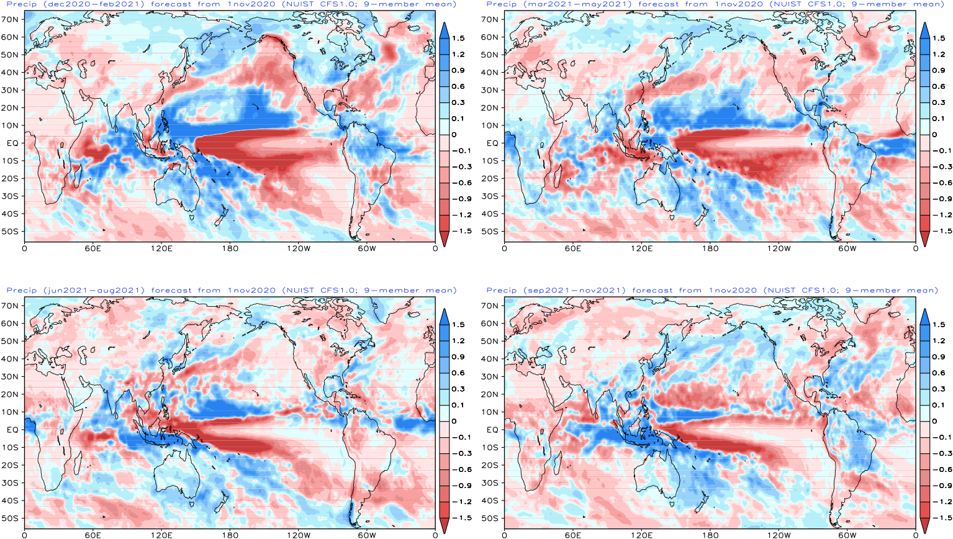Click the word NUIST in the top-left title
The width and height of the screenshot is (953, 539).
(300, 4)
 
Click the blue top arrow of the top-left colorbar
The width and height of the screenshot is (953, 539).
(445, 30)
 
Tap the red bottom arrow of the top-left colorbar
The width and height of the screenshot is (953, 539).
(445, 238)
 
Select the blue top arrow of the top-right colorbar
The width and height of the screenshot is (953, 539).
(924, 30)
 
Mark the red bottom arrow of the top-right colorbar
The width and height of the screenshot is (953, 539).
(924, 238)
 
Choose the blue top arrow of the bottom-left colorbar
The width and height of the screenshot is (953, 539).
(445, 317)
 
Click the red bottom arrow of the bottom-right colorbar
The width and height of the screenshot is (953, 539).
(924, 525)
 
